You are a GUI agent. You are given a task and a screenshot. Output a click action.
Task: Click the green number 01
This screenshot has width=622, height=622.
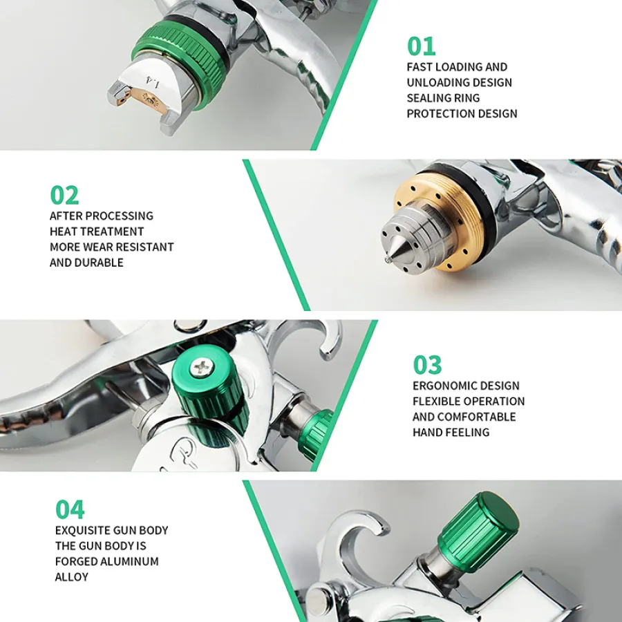point(422,46)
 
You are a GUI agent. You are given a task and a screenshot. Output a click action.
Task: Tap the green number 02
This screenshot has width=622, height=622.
point(64,195)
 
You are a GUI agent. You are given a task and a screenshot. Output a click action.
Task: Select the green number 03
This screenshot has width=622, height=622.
point(427,365)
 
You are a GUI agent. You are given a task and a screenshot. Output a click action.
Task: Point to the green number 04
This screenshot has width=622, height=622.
point(70,509)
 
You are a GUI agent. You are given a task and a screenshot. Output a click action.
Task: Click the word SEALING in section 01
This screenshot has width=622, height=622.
point(426,98)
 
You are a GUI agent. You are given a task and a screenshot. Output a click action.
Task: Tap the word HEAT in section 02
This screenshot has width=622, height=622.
point(62,232)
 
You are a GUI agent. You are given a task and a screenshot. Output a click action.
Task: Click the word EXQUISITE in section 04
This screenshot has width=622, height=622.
point(82,530)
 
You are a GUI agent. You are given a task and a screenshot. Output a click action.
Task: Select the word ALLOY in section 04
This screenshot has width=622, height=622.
point(72,577)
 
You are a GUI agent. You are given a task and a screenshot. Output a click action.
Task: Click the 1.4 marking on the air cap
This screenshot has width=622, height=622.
point(153,82)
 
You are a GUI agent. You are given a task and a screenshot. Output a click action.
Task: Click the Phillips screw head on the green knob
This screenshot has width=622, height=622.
point(202,368)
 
